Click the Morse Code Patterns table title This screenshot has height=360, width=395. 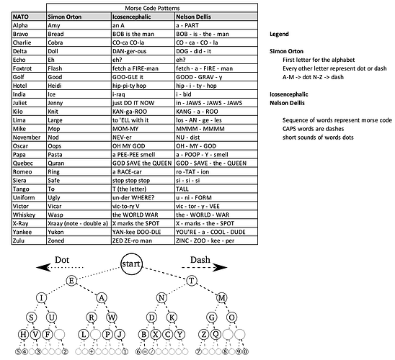click(x=152, y=8)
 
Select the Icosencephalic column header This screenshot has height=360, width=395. click(x=131, y=17)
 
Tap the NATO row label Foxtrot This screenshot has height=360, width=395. click(x=22, y=68)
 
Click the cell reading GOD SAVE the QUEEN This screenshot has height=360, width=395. click(x=142, y=163)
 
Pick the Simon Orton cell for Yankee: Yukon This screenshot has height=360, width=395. click(x=56, y=232)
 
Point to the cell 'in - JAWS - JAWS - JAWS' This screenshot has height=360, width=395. click(x=209, y=103)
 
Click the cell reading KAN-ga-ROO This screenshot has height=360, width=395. click(x=130, y=112)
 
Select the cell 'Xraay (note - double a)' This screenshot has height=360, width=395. click(x=78, y=223)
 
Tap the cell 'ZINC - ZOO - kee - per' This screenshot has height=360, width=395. click(x=205, y=240)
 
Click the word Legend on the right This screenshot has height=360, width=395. click(x=279, y=34)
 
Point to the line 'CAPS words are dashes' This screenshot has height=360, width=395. click(x=313, y=129)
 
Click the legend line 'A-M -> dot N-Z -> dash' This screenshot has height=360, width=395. click(x=313, y=77)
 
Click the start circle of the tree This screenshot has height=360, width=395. click(x=131, y=264)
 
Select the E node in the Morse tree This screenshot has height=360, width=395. click(x=71, y=281)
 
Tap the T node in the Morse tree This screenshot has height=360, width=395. click(x=192, y=281)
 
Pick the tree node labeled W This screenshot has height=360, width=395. click(x=112, y=318)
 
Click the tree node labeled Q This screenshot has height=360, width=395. click(x=216, y=334)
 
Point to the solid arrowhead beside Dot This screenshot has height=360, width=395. click(x=43, y=267)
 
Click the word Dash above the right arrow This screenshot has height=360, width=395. click(x=200, y=260)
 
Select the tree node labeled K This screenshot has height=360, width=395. click(x=172, y=318)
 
